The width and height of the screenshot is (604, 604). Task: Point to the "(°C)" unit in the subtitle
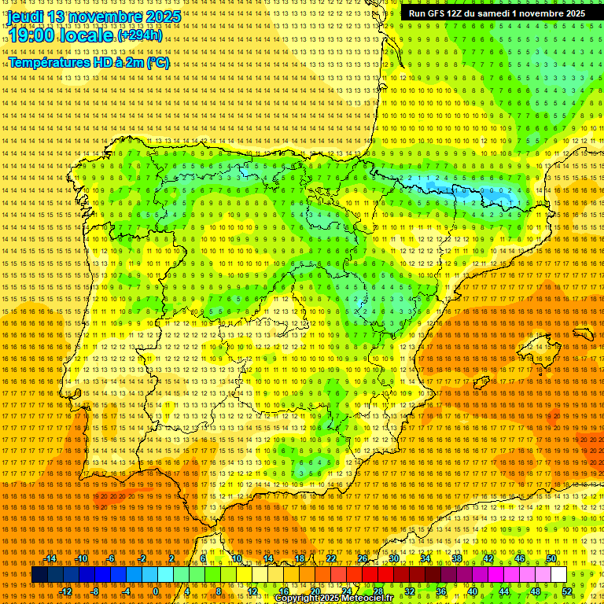157,62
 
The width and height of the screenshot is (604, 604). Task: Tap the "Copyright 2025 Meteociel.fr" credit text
333,598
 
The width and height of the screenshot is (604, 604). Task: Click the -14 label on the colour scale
51,558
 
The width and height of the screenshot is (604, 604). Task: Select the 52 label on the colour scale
567,591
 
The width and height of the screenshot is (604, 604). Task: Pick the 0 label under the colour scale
156,591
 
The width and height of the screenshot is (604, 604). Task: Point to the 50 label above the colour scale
551,558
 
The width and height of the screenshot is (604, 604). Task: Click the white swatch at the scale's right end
559,575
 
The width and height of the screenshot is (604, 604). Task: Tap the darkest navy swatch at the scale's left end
39,575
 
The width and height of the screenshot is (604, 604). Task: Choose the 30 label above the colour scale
394,558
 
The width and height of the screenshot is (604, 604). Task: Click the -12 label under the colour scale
67,591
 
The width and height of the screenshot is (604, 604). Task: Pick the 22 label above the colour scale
331,558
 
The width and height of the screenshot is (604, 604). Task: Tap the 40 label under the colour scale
472,591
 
